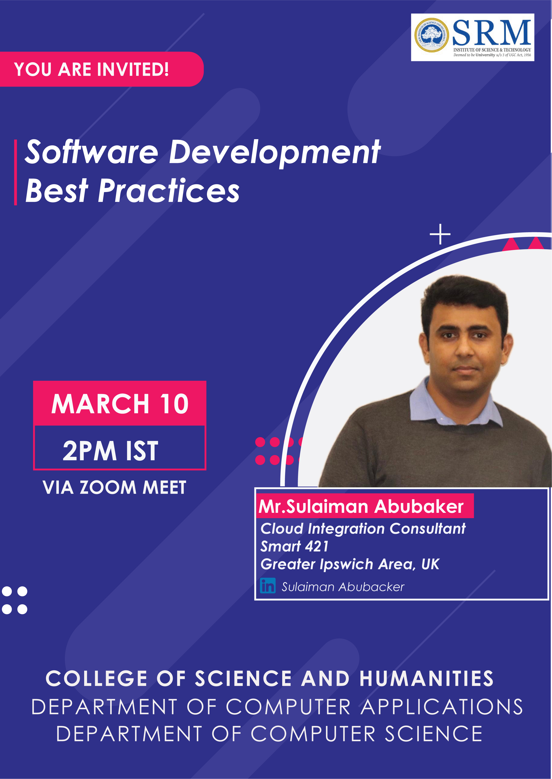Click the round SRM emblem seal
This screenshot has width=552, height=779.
click(432, 35)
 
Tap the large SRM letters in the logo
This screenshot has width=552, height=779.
click(492, 33)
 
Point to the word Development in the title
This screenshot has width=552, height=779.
click(275, 153)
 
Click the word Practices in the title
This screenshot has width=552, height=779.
click(169, 191)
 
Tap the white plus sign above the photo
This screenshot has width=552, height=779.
click(440, 234)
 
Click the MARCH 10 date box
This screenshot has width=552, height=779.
click(120, 403)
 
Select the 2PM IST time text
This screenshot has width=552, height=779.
click(111, 451)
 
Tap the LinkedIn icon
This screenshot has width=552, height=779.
click(268, 585)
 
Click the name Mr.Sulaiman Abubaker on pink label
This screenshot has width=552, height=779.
click(361, 506)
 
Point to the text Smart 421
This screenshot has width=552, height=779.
click(294, 546)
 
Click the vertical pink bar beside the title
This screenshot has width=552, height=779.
click(15, 172)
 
